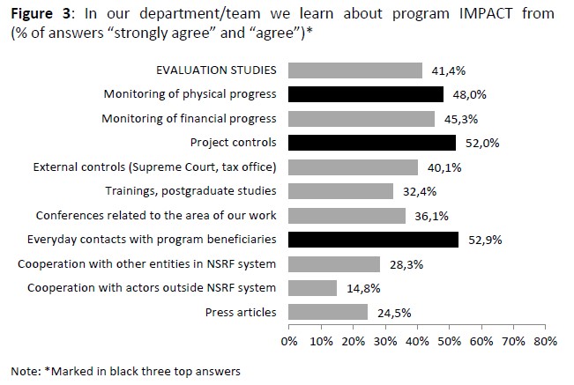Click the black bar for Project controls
point(372,143)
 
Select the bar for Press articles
point(327,312)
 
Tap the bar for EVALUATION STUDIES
point(355,70)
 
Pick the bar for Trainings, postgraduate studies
point(340,191)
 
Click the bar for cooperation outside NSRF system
point(312,288)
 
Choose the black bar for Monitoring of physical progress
point(366,94)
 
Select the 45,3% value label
point(458,119)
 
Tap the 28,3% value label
point(403,264)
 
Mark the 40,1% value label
point(441,167)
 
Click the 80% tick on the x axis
point(546,339)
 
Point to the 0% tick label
point(288,339)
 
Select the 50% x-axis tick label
point(449,339)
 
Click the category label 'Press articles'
point(240,312)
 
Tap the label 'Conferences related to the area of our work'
point(156,216)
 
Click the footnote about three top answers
point(125,371)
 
